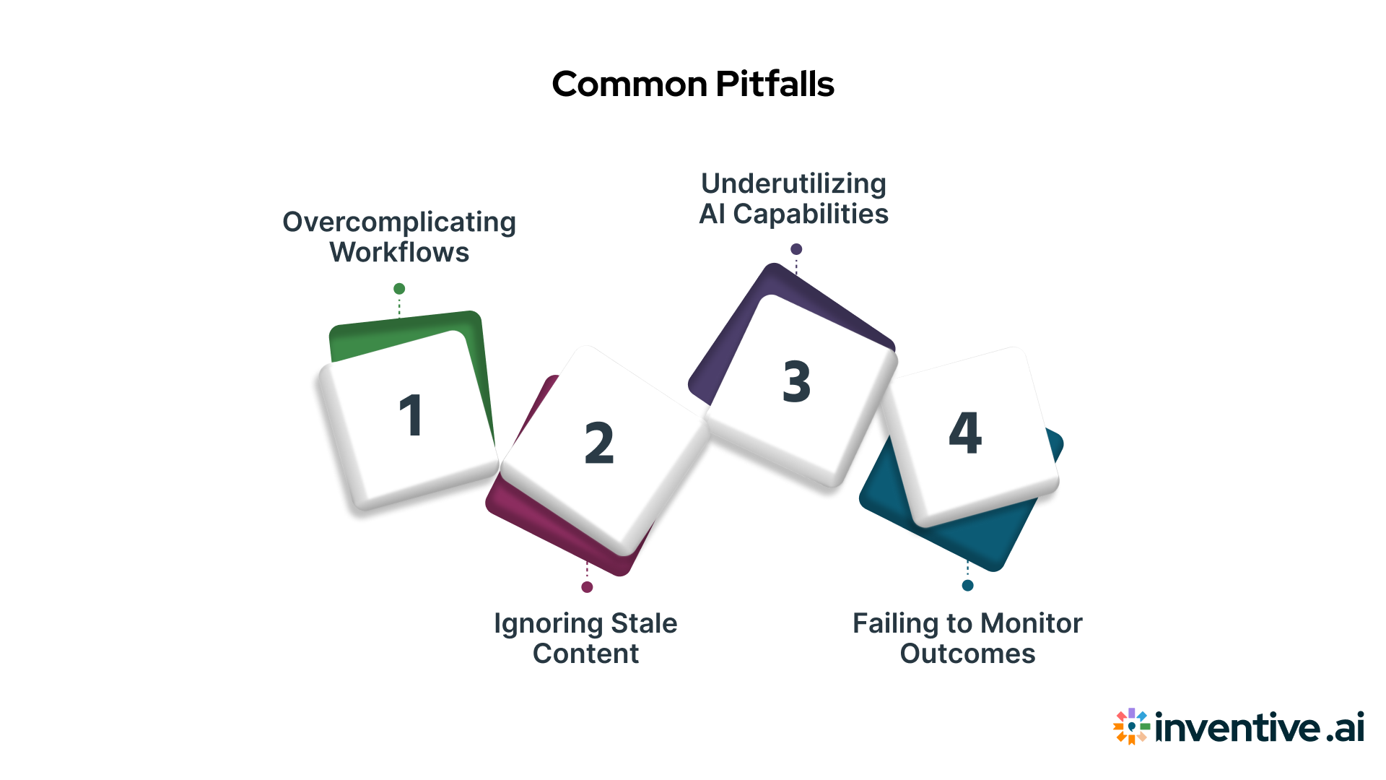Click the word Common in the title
(x=629, y=84)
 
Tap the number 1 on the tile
(x=411, y=416)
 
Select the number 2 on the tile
(x=599, y=443)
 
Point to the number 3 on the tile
(x=797, y=381)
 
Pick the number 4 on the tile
(x=965, y=433)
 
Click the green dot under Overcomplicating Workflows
(x=399, y=289)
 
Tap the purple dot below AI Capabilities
(x=796, y=249)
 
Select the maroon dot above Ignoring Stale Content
(x=587, y=587)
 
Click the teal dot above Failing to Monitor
(x=968, y=585)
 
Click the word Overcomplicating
(x=399, y=222)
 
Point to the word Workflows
(x=399, y=253)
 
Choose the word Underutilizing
(x=793, y=184)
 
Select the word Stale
(x=644, y=623)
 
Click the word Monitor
(x=1032, y=623)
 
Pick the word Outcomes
(x=967, y=654)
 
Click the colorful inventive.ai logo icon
(x=1131, y=726)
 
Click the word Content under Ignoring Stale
(x=585, y=654)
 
